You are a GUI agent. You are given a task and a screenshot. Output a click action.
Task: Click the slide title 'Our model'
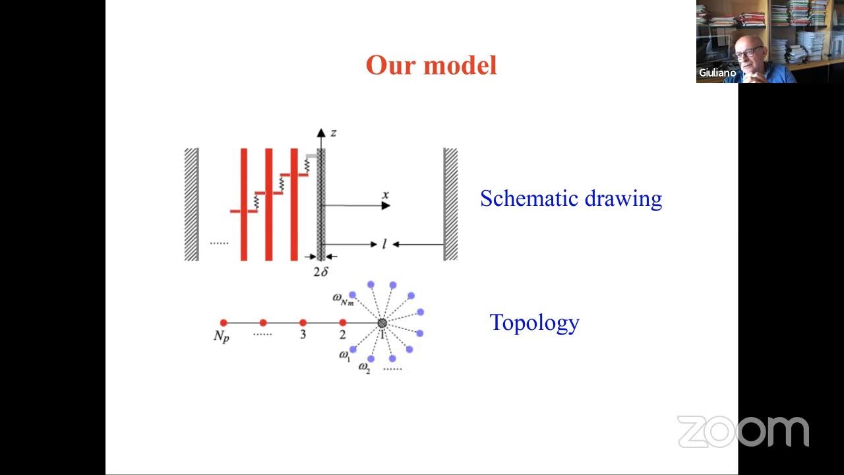pyautogui.click(x=431, y=65)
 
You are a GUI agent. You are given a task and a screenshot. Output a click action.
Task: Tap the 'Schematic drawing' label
pyautogui.click(x=570, y=199)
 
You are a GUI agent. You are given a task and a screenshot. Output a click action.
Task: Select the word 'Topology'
pyautogui.click(x=534, y=323)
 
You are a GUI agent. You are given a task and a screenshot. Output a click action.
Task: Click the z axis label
pyautogui.click(x=334, y=133)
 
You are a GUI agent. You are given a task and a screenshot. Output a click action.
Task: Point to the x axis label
pyautogui.click(x=385, y=195)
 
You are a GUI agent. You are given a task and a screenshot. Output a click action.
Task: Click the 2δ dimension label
pyautogui.click(x=320, y=271)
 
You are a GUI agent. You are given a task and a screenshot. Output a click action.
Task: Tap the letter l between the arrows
pyautogui.click(x=384, y=245)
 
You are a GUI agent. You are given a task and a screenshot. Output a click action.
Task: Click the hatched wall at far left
pyautogui.click(x=191, y=204)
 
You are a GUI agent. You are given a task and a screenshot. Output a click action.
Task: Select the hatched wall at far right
pyautogui.click(x=450, y=204)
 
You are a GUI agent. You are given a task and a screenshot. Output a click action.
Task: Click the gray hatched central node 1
pyautogui.click(x=382, y=323)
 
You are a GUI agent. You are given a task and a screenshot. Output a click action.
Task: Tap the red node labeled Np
pyautogui.click(x=224, y=323)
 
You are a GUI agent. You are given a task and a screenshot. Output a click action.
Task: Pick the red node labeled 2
pyautogui.click(x=343, y=323)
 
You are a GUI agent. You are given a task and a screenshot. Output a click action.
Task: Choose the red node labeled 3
pyautogui.click(x=303, y=323)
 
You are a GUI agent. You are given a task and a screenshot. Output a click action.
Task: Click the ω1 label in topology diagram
pyautogui.click(x=344, y=356)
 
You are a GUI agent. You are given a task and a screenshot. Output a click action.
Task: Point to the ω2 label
pyautogui.click(x=364, y=367)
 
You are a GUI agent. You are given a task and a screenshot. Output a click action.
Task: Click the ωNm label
pyautogui.click(x=342, y=298)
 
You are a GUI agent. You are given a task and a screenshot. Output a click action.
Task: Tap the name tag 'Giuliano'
pyautogui.click(x=717, y=73)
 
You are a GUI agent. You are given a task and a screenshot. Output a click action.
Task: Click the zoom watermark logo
pyautogui.click(x=742, y=431)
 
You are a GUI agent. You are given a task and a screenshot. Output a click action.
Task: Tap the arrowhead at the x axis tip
pyautogui.click(x=386, y=206)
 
